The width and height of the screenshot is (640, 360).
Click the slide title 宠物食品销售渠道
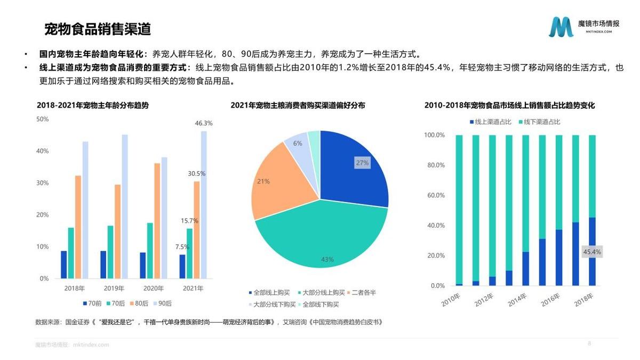pos(97,28)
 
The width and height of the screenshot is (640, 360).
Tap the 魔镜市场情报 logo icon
pos(561,27)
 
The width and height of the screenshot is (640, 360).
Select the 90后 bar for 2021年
pos(204,205)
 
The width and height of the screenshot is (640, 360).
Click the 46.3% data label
pos(204,123)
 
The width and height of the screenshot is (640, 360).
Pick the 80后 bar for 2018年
pos(78,227)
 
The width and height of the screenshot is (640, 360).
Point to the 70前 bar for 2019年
pos(103,265)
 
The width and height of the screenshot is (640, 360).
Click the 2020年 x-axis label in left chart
pos(154,289)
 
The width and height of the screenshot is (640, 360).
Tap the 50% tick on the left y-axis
pos(43,119)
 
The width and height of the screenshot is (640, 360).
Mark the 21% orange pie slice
pos(277,181)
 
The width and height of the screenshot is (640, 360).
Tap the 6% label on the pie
pos(298,143)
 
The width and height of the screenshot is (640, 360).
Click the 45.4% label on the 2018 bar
pos(592,252)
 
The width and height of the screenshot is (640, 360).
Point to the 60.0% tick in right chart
pos(434,196)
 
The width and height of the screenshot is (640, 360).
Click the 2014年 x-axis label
pos(516,299)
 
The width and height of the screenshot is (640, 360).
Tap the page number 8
pos(589,343)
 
